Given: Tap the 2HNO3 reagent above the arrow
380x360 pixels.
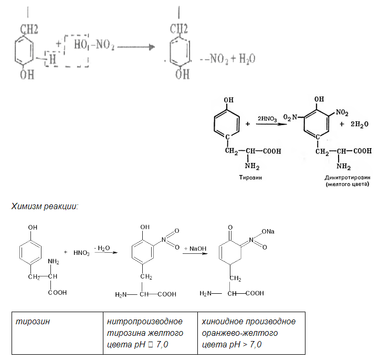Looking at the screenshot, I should click(x=268, y=118).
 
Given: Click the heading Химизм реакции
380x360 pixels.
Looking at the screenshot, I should click(x=45, y=206).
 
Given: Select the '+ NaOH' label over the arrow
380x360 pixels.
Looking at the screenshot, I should click(x=195, y=248).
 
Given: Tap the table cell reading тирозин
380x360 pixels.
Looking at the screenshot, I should click(x=32, y=321).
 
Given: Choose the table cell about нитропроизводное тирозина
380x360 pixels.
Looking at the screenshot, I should click(x=144, y=333).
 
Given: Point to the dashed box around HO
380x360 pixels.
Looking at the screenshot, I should click(x=76, y=50).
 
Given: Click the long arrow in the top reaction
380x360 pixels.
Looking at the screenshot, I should click(x=136, y=47).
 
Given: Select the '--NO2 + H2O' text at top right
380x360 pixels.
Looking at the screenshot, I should click(x=229, y=59).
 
